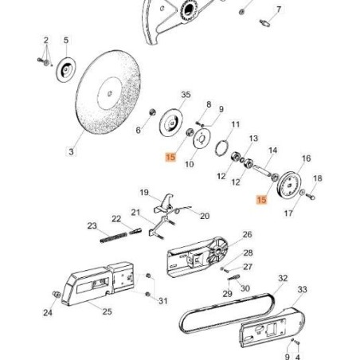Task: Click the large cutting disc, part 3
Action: click(108, 92)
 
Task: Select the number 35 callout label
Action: click(186, 95)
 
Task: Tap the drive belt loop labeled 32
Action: click(227, 313)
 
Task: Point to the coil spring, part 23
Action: click(114, 237)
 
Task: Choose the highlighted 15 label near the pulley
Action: click(261, 200)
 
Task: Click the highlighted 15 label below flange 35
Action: click(170, 157)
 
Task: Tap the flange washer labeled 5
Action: click(66, 70)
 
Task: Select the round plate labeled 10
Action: click(202, 138)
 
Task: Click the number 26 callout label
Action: click(247, 235)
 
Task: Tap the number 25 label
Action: click(107, 311)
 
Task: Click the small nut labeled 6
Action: click(153, 112)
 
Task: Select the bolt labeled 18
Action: click(311, 197)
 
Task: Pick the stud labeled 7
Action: click(264, 23)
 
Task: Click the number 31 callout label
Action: click(163, 301)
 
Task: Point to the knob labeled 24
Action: click(57, 294)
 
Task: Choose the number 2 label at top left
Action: click(46, 41)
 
